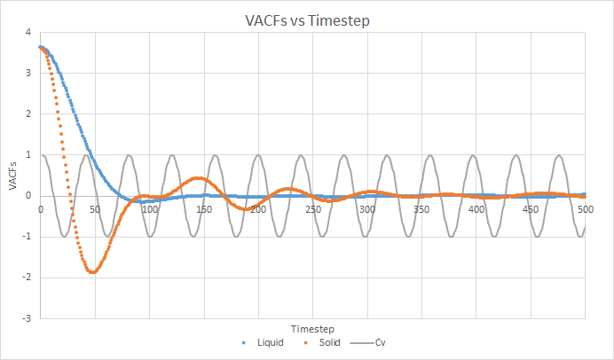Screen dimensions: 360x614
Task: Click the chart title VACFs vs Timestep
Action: click(306, 20)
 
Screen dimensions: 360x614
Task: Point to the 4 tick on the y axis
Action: click(28, 33)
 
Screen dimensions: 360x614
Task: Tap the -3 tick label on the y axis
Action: click(27, 317)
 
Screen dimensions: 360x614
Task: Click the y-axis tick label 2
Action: click(28, 114)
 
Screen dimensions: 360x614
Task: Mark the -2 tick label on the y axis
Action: click(27, 277)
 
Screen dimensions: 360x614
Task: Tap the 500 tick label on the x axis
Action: click(585, 209)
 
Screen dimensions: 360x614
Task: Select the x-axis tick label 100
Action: click(149, 209)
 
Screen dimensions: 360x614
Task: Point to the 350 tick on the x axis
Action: click(422, 209)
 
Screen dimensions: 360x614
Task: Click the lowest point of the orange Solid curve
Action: click(91, 271)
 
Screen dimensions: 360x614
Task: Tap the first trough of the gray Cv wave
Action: click(64, 236)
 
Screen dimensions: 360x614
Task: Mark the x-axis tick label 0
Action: click(41, 209)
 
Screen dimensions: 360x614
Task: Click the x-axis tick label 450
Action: click(531, 209)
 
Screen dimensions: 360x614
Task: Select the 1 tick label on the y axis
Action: click(28, 155)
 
